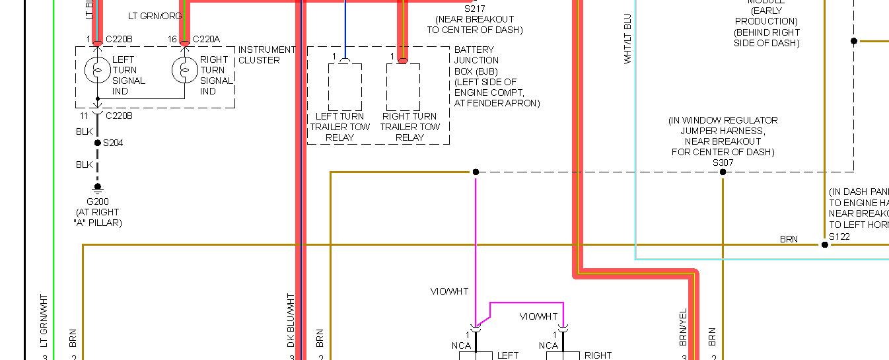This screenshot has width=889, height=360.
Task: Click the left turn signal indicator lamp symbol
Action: [97, 69]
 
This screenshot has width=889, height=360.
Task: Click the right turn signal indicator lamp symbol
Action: [185, 69]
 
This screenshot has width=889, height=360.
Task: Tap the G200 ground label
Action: [97, 201]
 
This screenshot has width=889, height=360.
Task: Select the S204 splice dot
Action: [97, 143]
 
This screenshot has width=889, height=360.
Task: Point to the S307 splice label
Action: [723, 162]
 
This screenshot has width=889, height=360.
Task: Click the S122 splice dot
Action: [824, 245]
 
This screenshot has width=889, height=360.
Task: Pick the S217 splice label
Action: [474, 9]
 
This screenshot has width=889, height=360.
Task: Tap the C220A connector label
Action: [206, 40]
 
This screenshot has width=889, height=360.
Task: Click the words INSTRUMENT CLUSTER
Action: [266, 55]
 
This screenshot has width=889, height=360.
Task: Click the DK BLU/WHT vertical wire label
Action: [291, 320]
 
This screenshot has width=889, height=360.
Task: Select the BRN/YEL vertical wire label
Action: [683, 327]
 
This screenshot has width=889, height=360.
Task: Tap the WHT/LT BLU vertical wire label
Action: [627, 39]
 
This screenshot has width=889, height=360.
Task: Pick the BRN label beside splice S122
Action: [789, 239]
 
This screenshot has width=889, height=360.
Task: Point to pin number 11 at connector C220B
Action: [83, 115]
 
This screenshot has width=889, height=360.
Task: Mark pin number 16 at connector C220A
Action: [172, 40]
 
